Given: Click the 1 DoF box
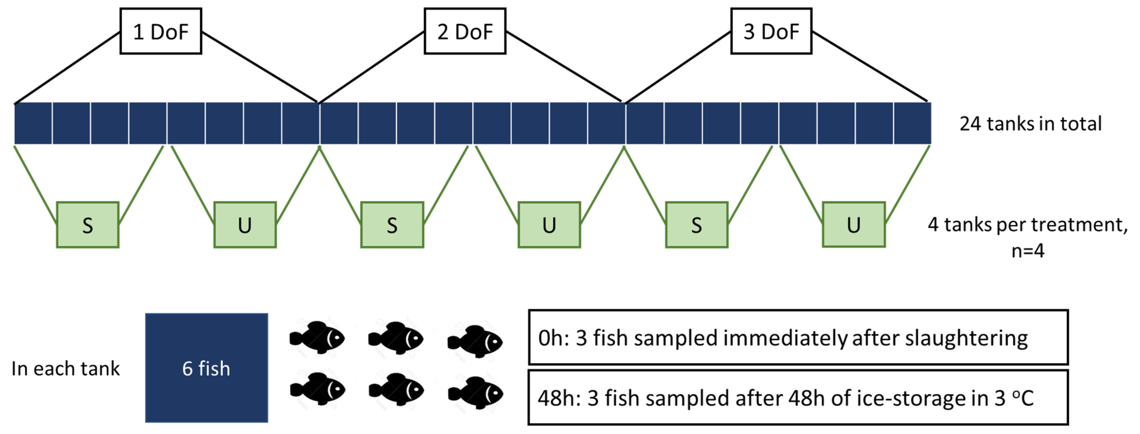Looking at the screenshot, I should (x=161, y=31).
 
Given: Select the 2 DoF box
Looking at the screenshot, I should (x=465, y=31).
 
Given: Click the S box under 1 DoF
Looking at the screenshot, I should (x=88, y=225).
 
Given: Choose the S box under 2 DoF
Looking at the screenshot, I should (x=392, y=225).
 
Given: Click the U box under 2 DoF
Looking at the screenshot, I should (x=549, y=225).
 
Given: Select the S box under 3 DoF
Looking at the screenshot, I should (x=697, y=225).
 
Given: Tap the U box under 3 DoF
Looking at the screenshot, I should (x=854, y=225).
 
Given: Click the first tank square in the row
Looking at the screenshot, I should (x=33, y=123).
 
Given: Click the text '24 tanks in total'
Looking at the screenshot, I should (x=1030, y=124).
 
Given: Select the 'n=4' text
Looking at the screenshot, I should (x=1027, y=251).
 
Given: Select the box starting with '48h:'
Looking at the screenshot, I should (x=798, y=398).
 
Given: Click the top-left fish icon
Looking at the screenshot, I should (x=317, y=338).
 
